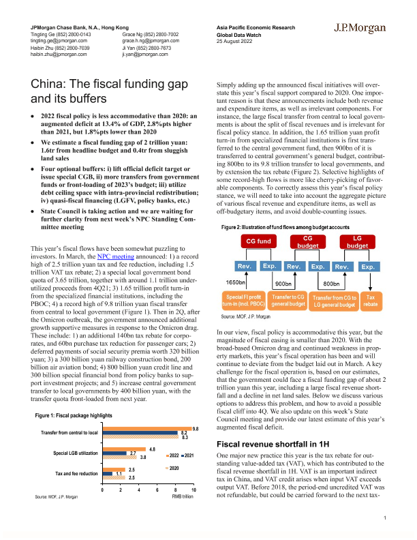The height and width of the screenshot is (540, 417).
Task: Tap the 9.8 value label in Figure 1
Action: point(196,428)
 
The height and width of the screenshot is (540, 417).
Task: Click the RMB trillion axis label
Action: point(183,497)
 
